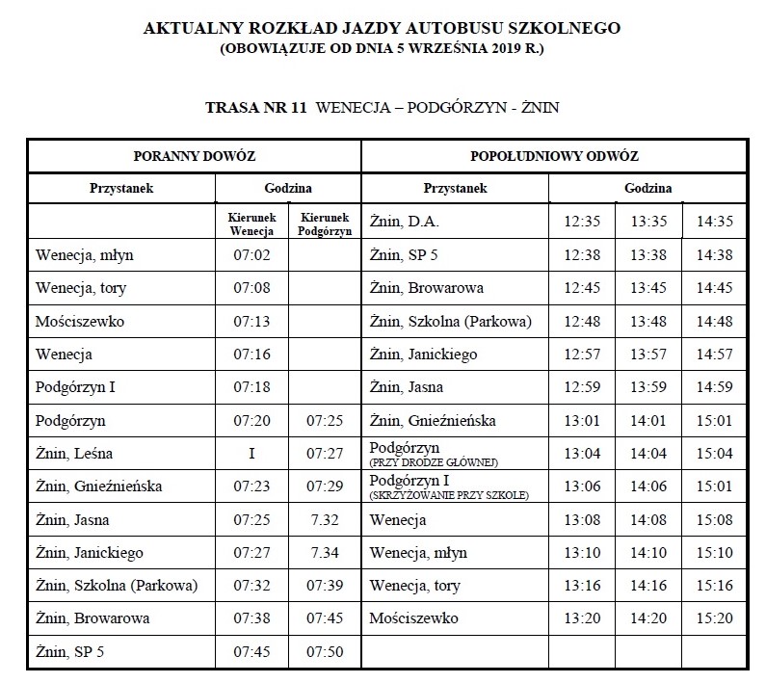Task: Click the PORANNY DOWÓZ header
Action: pyautogui.click(x=194, y=155)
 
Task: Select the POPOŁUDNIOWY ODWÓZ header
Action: pyautogui.click(x=554, y=155)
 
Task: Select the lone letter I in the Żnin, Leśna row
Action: pyautogui.click(x=251, y=453)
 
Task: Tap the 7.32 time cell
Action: pyautogui.click(x=324, y=519)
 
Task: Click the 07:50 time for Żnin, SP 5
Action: pyautogui.click(x=324, y=651)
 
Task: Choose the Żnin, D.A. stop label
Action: pyautogui.click(x=405, y=222)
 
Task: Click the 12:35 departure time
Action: pyautogui.click(x=582, y=222)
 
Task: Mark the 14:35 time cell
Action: pyautogui.click(x=714, y=222)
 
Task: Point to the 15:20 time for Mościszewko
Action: pyautogui.click(x=714, y=617)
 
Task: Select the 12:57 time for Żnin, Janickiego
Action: pyautogui.click(x=582, y=355)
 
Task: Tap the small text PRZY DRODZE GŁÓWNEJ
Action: pyautogui.click(x=432, y=462)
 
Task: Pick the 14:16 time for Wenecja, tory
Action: pyautogui.click(x=648, y=585)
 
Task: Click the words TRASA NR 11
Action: pyautogui.click(x=254, y=108)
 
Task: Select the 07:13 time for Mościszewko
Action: pyautogui.click(x=251, y=321)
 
